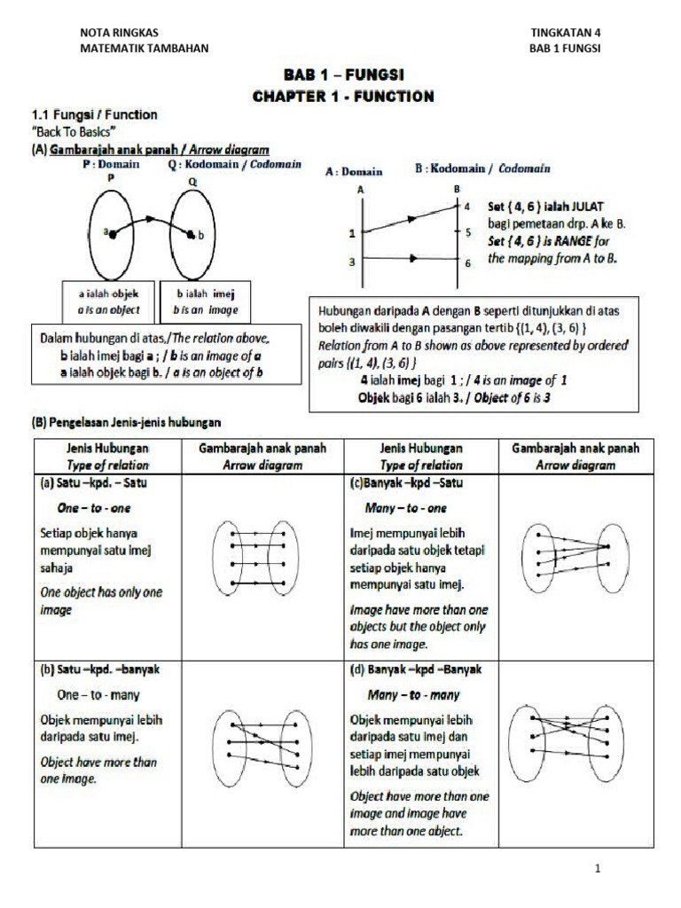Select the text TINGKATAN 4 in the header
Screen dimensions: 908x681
565,32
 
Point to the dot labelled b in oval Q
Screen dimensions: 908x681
192,234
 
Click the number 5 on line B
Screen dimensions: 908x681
467,232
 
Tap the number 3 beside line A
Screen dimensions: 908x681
352,262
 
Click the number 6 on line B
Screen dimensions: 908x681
467,262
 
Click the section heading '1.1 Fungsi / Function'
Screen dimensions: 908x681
94,114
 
